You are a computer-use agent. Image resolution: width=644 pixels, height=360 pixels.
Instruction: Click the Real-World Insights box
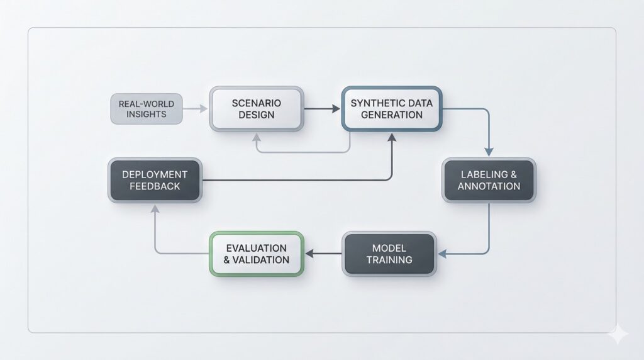point(146,109)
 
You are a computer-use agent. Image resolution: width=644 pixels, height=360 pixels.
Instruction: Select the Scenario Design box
point(256,109)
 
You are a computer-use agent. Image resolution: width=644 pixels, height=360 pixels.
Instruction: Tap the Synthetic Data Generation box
point(391,109)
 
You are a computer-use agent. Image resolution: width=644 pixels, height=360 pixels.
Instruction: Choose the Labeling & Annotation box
point(489,180)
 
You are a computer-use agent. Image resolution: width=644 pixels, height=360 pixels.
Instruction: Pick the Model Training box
point(388,254)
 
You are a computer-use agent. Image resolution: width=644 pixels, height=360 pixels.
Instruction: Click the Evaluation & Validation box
point(256,254)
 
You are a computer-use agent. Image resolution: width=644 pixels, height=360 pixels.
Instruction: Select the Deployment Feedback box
point(155,180)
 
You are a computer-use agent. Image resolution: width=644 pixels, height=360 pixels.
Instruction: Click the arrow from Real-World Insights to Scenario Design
point(195,109)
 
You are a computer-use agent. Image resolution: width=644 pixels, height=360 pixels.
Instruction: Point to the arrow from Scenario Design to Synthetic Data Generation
point(322,109)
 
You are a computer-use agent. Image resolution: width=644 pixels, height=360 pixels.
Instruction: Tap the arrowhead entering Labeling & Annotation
point(489,152)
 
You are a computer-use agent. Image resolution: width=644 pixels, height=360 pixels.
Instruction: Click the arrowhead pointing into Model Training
point(442,254)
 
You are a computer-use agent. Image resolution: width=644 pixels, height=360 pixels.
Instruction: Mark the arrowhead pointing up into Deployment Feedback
point(155,208)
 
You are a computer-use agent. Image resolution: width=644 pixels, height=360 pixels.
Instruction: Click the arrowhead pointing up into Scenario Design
point(256,137)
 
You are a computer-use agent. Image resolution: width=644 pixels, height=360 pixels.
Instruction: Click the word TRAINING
point(388,259)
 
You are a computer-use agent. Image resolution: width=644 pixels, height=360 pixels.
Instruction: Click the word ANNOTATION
point(489,186)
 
